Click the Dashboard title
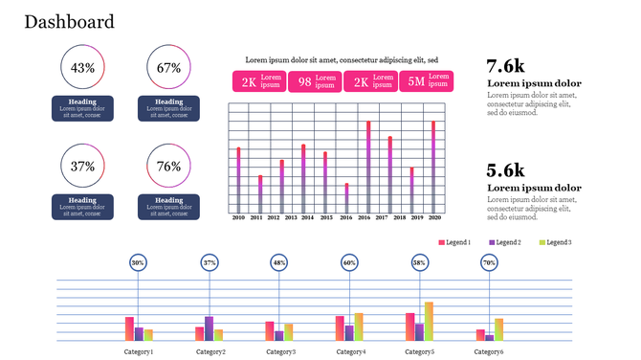(x=69, y=22)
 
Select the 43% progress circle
(x=83, y=68)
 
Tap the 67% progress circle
(x=169, y=68)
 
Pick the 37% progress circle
(x=83, y=167)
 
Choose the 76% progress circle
(x=169, y=167)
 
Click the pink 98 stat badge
(x=314, y=81)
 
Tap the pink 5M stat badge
(x=426, y=81)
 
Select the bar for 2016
(x=368, y=167)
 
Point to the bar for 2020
(x=434, y=167)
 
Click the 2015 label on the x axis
(x=326, y=218)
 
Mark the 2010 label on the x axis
(x=238, y=218)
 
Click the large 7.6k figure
(x=506, y=66)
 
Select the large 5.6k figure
(x=506, y=170)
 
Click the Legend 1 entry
(x=454, y=242)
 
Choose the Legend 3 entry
(x=556, y=242)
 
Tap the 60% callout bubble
(x=350, y=262)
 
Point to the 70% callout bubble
(x=489, y=262)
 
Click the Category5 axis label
(x=419, y=351)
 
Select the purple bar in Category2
(x=209, y=328)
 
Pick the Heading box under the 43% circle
(x=83, y=108)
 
